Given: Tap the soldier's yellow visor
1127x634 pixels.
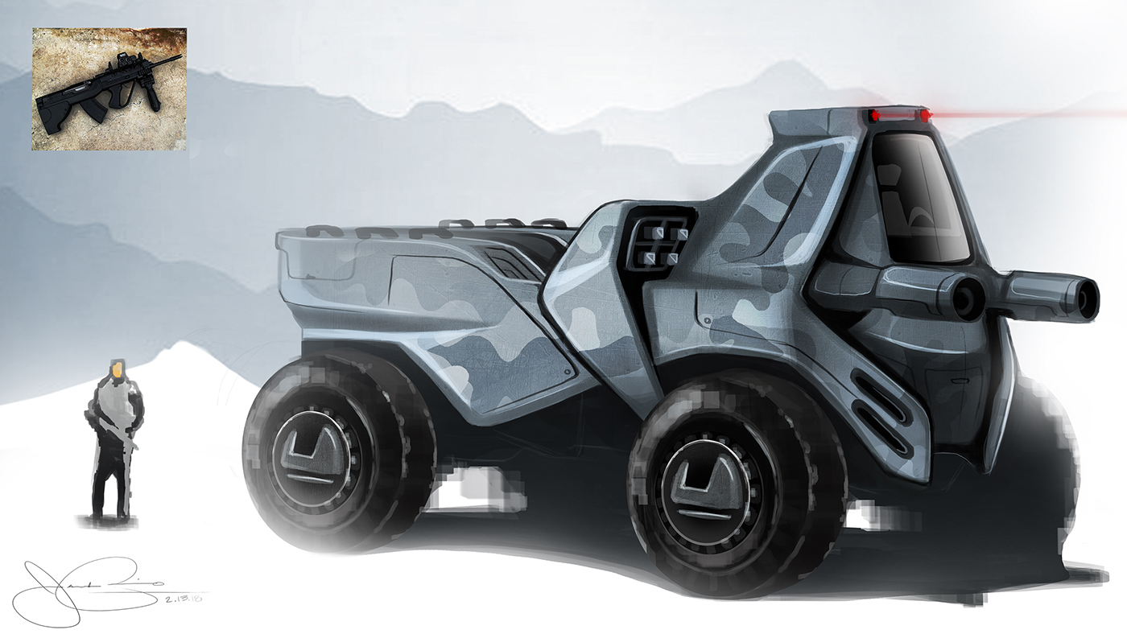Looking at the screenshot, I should [x=117, y=371].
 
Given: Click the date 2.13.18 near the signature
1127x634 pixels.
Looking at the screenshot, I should [x=184, y=599].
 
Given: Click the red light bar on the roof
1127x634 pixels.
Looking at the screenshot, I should [x=898, y=116].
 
